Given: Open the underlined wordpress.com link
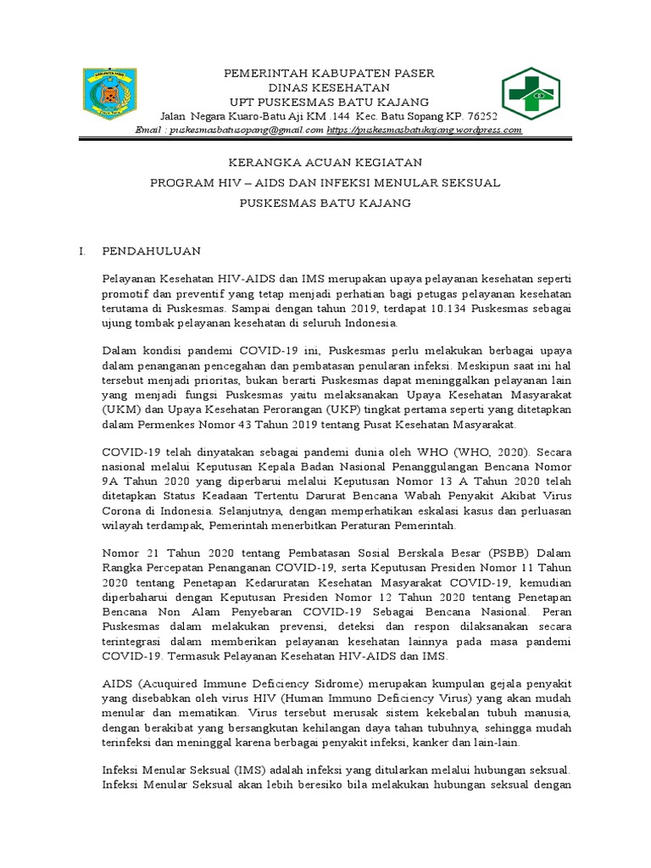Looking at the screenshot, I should pyautogui.click(x=424, y=130).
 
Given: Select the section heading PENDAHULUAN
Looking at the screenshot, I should pyautogui.click(x=151, y=251).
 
